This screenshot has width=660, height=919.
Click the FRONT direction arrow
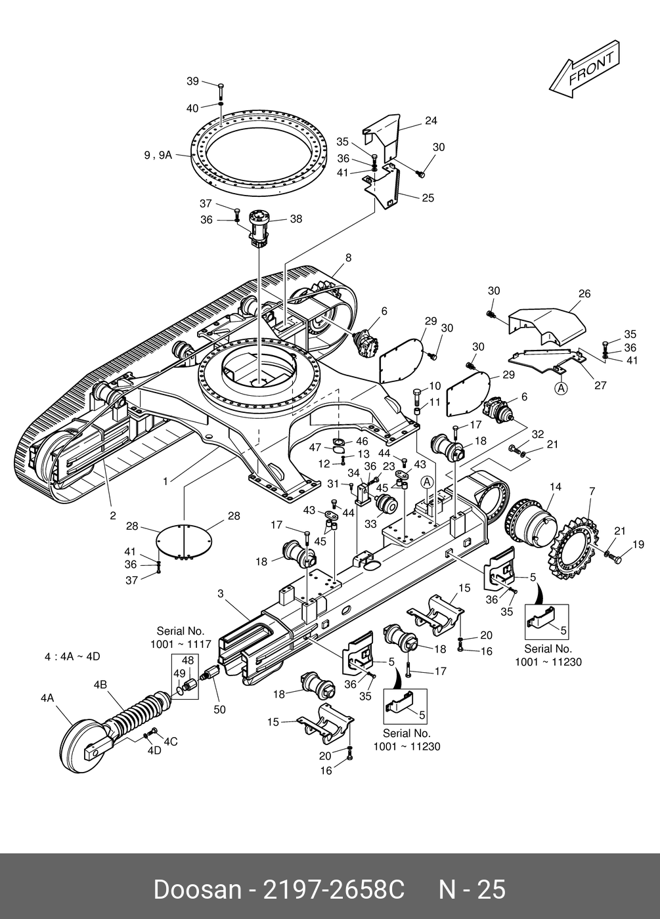point(584,70)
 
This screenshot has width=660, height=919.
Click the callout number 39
point(192,81)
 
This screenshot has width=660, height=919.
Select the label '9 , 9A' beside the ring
point(158,155)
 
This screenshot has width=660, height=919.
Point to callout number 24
point(431,121)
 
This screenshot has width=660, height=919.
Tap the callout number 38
point(296,219)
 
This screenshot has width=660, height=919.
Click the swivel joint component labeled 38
point(259,228)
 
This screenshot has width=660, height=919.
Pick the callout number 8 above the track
point(349,257)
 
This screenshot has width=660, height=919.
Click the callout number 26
point(584,293)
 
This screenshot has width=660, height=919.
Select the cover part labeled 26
point(546,326)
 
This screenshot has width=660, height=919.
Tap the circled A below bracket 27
point(561,388)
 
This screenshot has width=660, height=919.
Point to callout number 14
point(556,486)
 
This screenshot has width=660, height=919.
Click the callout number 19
point(638,544)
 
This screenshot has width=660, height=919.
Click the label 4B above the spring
point(100,684)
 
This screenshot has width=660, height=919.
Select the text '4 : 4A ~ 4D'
point(72,656)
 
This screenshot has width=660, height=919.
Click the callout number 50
point(219,710)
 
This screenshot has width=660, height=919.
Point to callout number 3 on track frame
point(221,593)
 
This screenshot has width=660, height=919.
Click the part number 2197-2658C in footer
point(334,890)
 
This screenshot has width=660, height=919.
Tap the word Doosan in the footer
point(197,890)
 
